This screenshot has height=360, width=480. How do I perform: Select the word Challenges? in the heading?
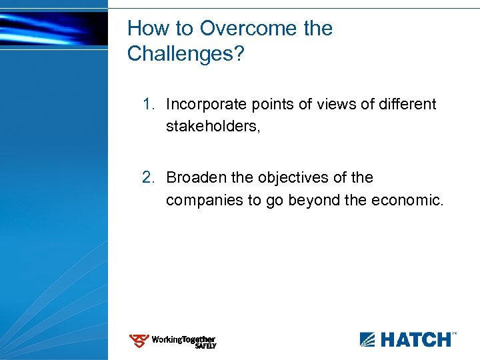tap(186, 54)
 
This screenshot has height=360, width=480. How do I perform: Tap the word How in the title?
tap(145, 29)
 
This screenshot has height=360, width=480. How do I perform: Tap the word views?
tap(331, 105)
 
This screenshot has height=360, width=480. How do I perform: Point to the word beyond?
tap(311, 200)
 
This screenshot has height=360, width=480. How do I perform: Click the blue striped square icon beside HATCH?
tap(368, 340)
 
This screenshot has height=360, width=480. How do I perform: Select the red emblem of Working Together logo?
tap(139, 341)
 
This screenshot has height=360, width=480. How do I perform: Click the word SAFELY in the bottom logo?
tap(205, 346)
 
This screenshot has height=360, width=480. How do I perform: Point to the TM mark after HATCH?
tap(455, 333)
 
